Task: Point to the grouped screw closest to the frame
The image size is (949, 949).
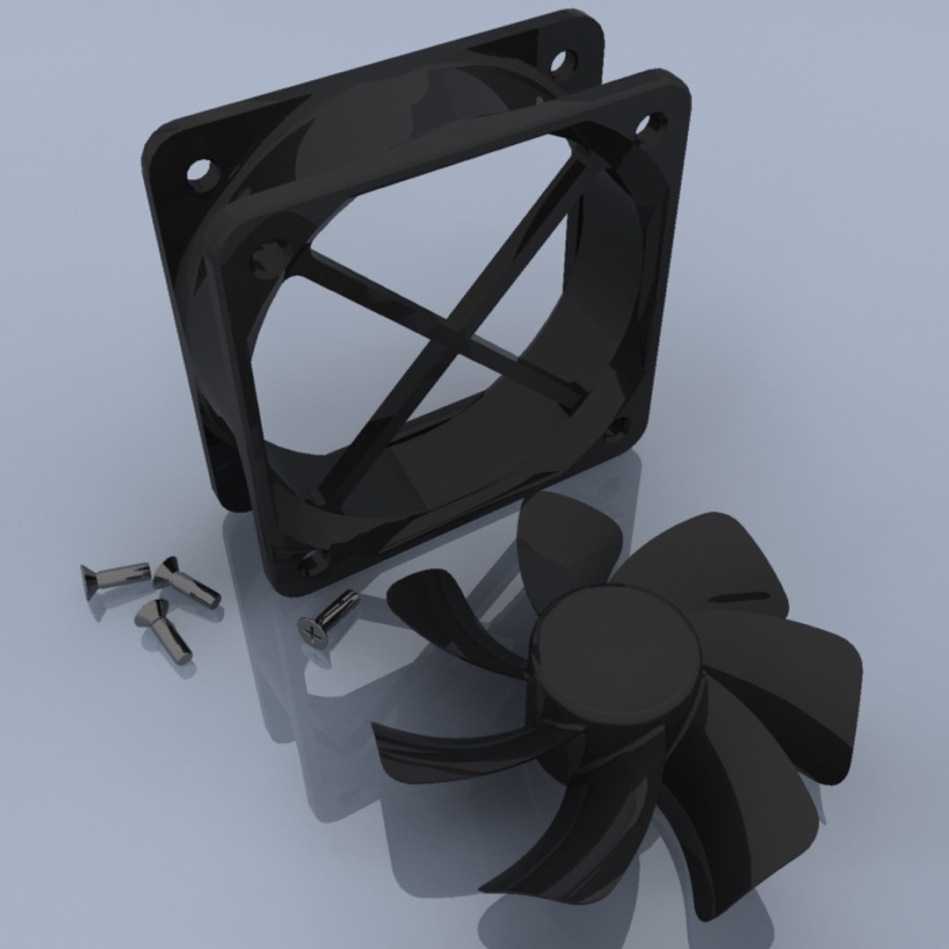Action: pyautogui.click(x=185, y=582)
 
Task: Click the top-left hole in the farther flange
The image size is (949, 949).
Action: pyautogui.click(x=201, y=170)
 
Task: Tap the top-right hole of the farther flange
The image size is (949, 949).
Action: pyautogui.click(x=560, y=61)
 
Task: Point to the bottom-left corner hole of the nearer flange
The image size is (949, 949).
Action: pyautogui.click(x=310, y=561)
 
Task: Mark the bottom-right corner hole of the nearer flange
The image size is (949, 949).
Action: pyautogui.click(x=618, y=428)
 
